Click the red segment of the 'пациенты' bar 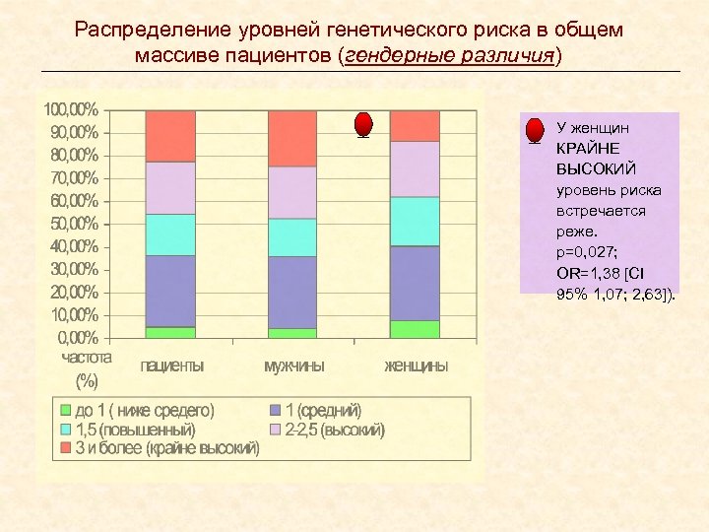[x=170, y=136]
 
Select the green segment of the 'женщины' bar [x=415, y=329]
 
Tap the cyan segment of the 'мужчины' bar [x=292, y=237]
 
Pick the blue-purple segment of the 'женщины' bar [x=415, y=284]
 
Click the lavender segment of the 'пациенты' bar [x=170, y=188]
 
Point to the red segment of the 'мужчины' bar [x=292, y=139]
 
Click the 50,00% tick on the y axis [x=70, y=224]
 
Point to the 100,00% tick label [x=70, y=109]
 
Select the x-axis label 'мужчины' [x=293, y=366]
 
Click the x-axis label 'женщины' [x=416, y=366]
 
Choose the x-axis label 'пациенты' [x=172, y=366]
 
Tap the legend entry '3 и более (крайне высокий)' [x=167, y=448]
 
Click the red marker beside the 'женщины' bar [x=363, y=124]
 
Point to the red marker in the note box [x=534, y=131]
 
